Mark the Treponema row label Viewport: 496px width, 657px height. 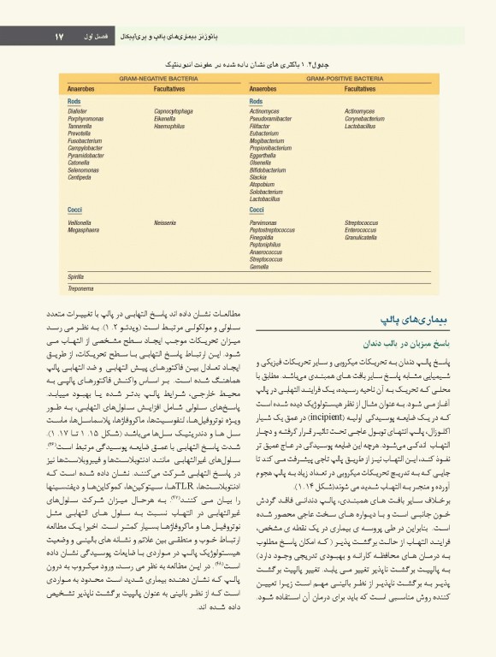(x=81, y=288)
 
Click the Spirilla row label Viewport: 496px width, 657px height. (x=76, y=277)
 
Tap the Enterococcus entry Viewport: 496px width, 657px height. (x=363, y=228)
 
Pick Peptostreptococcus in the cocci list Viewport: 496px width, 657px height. (x=273, y=228)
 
